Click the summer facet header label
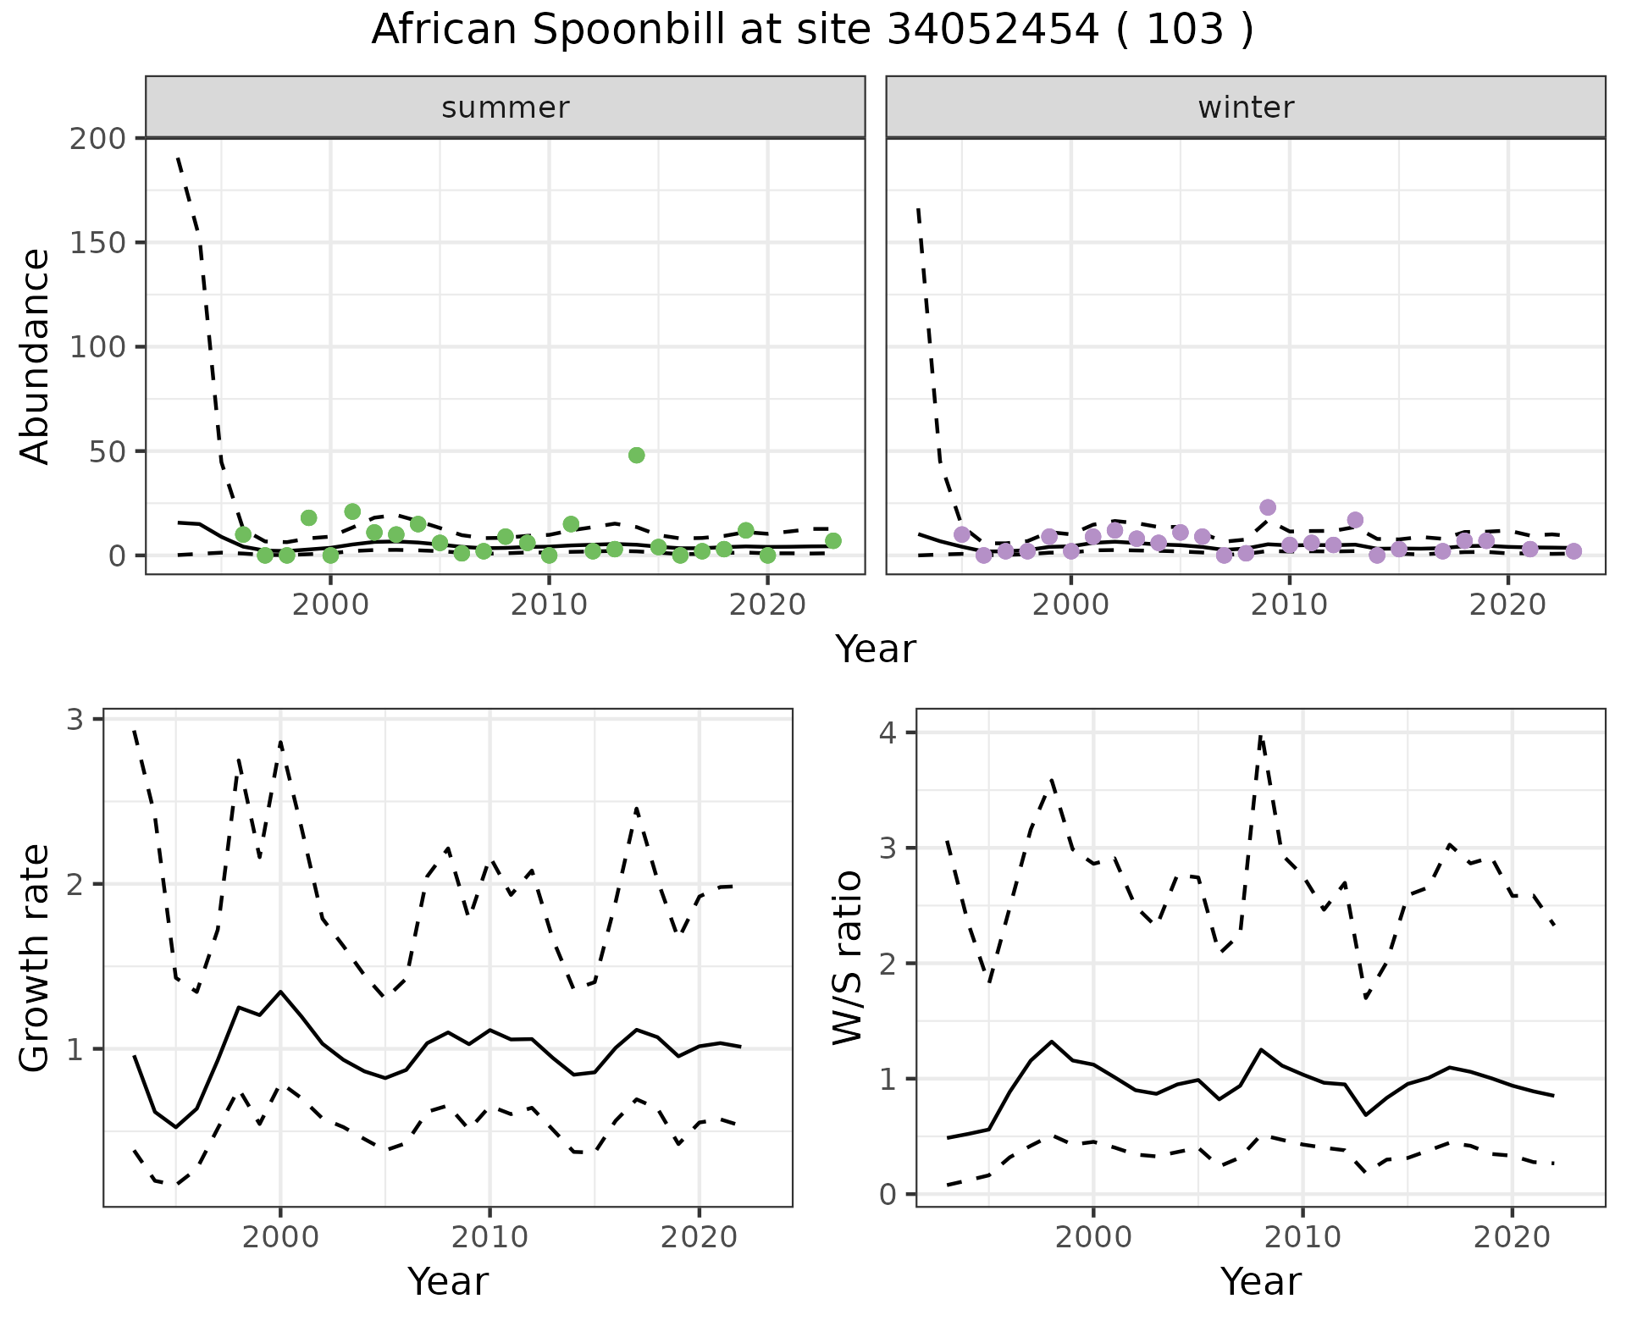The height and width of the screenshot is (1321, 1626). [506, 108]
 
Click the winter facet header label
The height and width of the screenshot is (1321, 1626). [1246, 108]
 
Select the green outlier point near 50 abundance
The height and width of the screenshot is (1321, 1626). [637, 455]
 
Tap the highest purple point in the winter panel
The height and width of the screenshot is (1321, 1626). [1268, 507]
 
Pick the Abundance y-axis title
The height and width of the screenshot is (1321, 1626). [36, 356]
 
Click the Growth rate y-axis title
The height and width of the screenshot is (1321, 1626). [36, 958]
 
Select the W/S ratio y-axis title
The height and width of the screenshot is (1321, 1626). [847, 958]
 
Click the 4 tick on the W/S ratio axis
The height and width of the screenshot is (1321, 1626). [889, 732]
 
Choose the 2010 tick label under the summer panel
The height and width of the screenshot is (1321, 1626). [549, 605]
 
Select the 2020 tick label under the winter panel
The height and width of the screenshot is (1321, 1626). [1507, 605]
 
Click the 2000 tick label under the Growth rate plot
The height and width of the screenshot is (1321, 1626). [280, 1237]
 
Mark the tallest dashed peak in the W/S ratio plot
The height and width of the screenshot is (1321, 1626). [1260, 737]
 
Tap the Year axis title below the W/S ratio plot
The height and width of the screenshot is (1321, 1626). [1260, 1282]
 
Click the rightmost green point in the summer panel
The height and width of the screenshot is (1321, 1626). [833, 540]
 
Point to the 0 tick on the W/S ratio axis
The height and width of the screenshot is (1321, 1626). [889, 1195]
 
